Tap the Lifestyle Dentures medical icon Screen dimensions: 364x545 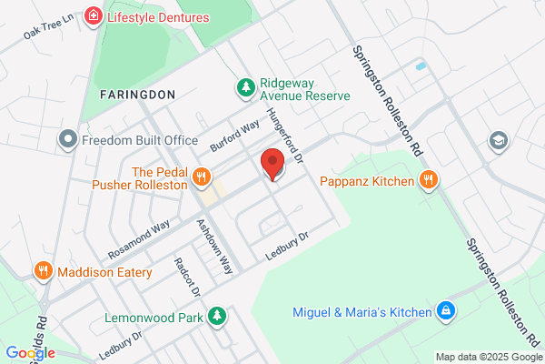tap(92, 16)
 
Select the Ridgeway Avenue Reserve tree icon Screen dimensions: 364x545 tap(244, 87)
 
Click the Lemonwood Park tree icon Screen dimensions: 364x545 tap(216, 316)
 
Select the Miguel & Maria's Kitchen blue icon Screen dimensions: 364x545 tap(445, 312)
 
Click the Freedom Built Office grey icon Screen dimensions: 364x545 tap(67, 140)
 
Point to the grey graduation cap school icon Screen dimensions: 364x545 tap(498, 140)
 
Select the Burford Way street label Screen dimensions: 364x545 tap(234, 137)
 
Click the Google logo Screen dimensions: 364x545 tap(30, 353)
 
